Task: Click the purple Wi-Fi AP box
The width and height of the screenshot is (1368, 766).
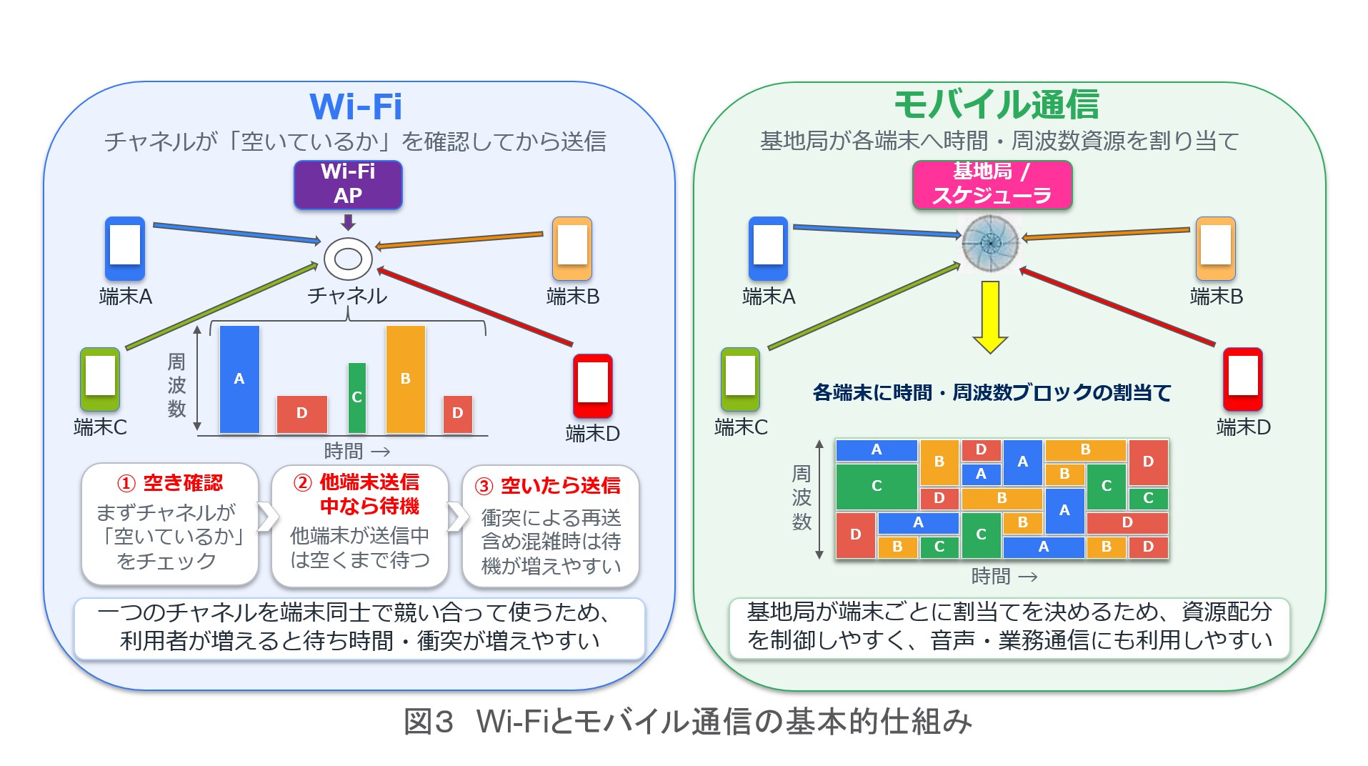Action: coord(348,184)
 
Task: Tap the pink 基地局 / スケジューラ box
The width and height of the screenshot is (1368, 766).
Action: coord(992,184)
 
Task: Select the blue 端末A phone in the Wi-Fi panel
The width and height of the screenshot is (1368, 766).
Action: coord(125,248)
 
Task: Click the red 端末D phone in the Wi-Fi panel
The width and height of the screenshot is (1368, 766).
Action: coord(593,386)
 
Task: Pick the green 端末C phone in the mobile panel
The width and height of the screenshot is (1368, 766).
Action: coord(740,379)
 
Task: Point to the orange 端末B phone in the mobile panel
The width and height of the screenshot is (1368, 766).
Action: coord(1216,248)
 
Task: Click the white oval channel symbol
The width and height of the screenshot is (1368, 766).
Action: coord(348,258)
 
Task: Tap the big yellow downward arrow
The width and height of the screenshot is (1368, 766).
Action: coord(990,317)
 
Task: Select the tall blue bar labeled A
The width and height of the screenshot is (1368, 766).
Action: coord(239,379)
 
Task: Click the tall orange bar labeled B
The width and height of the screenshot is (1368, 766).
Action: coord(406,379)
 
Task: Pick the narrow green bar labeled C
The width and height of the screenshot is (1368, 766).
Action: coord(357,398)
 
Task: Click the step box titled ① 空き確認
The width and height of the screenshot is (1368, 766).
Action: coord(170,524)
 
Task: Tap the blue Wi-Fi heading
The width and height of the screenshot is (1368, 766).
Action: coord(356,107)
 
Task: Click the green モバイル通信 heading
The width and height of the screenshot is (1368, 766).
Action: coord(997,105)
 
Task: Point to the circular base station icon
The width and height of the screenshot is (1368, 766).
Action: coord(990,244)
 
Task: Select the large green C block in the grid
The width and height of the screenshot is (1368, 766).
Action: coord(877,486)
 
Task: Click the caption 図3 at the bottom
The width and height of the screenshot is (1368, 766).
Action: coord(429,722)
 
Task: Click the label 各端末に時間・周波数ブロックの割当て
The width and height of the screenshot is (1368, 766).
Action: coord(992,392)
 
